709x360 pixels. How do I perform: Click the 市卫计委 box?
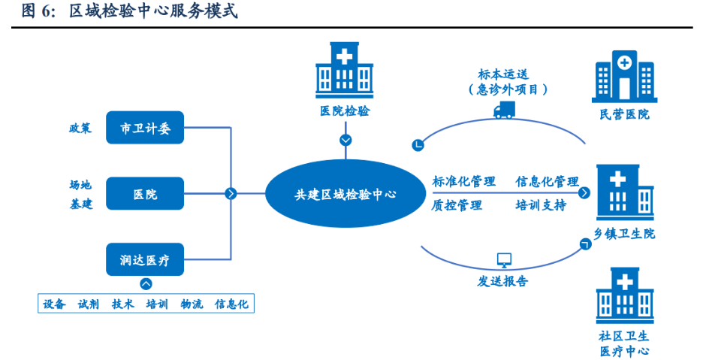coord(145,129)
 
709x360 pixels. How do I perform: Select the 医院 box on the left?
coord(145,194)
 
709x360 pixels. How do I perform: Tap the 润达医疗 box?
coord(145,260)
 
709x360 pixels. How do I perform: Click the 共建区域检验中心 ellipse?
coord(345,194)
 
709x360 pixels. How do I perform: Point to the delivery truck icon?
coord(503,110)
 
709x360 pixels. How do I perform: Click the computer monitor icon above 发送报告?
coord(504,260)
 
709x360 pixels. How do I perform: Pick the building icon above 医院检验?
coord(345,70)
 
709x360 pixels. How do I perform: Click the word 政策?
coord(80,128)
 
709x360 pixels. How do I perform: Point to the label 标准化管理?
coord(463,181)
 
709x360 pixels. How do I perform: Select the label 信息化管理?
coord(547,181)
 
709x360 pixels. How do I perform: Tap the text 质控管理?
coord(457,204)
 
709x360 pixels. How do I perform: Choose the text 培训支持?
coord(540,204)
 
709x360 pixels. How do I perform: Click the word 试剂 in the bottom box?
coord(89,304)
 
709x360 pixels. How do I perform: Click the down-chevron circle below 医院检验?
coord(345,141)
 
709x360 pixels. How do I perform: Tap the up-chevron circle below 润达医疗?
coord(146,284)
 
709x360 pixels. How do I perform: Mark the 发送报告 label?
coord(502,281)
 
